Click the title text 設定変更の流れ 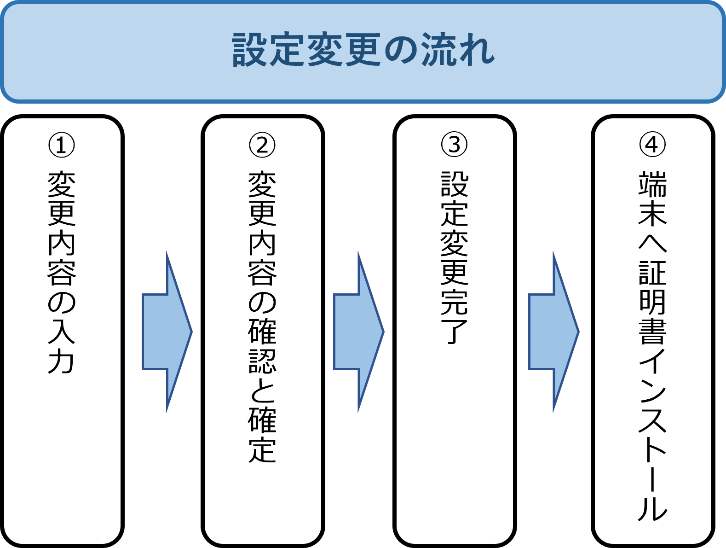[363, 50]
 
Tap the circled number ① [62, 145]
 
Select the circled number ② [262, 145]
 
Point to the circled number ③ [454, 145]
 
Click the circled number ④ [652, 145]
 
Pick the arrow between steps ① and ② [167, 332]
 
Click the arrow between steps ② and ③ [358, 332]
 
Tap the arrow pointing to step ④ [553, 332]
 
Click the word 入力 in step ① [62, 345]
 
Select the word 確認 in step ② [262, 345]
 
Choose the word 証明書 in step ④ [652, 302]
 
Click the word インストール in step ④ [652, 435]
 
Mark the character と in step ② [262, 389]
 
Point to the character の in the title [399, 50]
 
